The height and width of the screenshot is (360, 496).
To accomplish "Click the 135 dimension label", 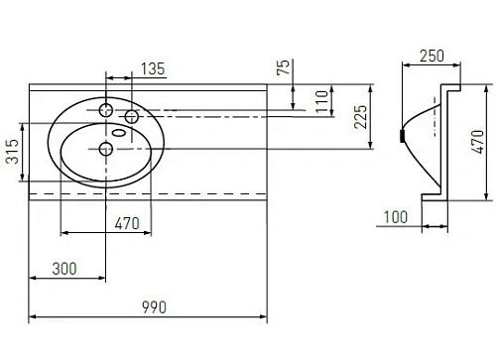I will click(x=153, y=68).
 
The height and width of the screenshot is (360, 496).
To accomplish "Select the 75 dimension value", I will click(x=285, y=69).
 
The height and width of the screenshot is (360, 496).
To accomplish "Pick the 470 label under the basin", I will click(x=125, y=223).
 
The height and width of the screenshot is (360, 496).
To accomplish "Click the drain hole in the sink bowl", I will click(x=106, y=149).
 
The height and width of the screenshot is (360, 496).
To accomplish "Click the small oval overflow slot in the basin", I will click(x=119, y=133).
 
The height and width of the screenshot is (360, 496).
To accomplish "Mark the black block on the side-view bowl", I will click(x=401, y=135).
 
